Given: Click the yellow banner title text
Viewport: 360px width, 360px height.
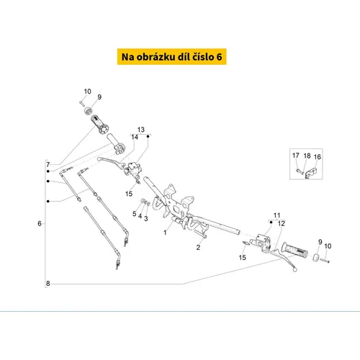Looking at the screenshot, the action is tap(171, 57).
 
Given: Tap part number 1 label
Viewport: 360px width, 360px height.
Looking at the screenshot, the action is tap(165, 233).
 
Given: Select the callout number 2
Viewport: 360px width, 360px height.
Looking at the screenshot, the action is tap(198, 247).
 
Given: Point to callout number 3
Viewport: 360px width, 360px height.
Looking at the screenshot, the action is tap(146, 218).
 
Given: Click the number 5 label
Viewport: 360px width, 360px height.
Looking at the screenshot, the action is tap(135, 214).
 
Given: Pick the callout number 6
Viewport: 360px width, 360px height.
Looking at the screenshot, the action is tap(40, 223).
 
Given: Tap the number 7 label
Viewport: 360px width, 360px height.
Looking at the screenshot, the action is tap(48, 164).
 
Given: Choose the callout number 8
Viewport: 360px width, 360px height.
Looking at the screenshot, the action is tap(48, 284).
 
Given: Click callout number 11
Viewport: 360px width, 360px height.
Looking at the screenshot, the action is tap(276, 215).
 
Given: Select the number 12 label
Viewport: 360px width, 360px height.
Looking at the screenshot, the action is tap(282, 223).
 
